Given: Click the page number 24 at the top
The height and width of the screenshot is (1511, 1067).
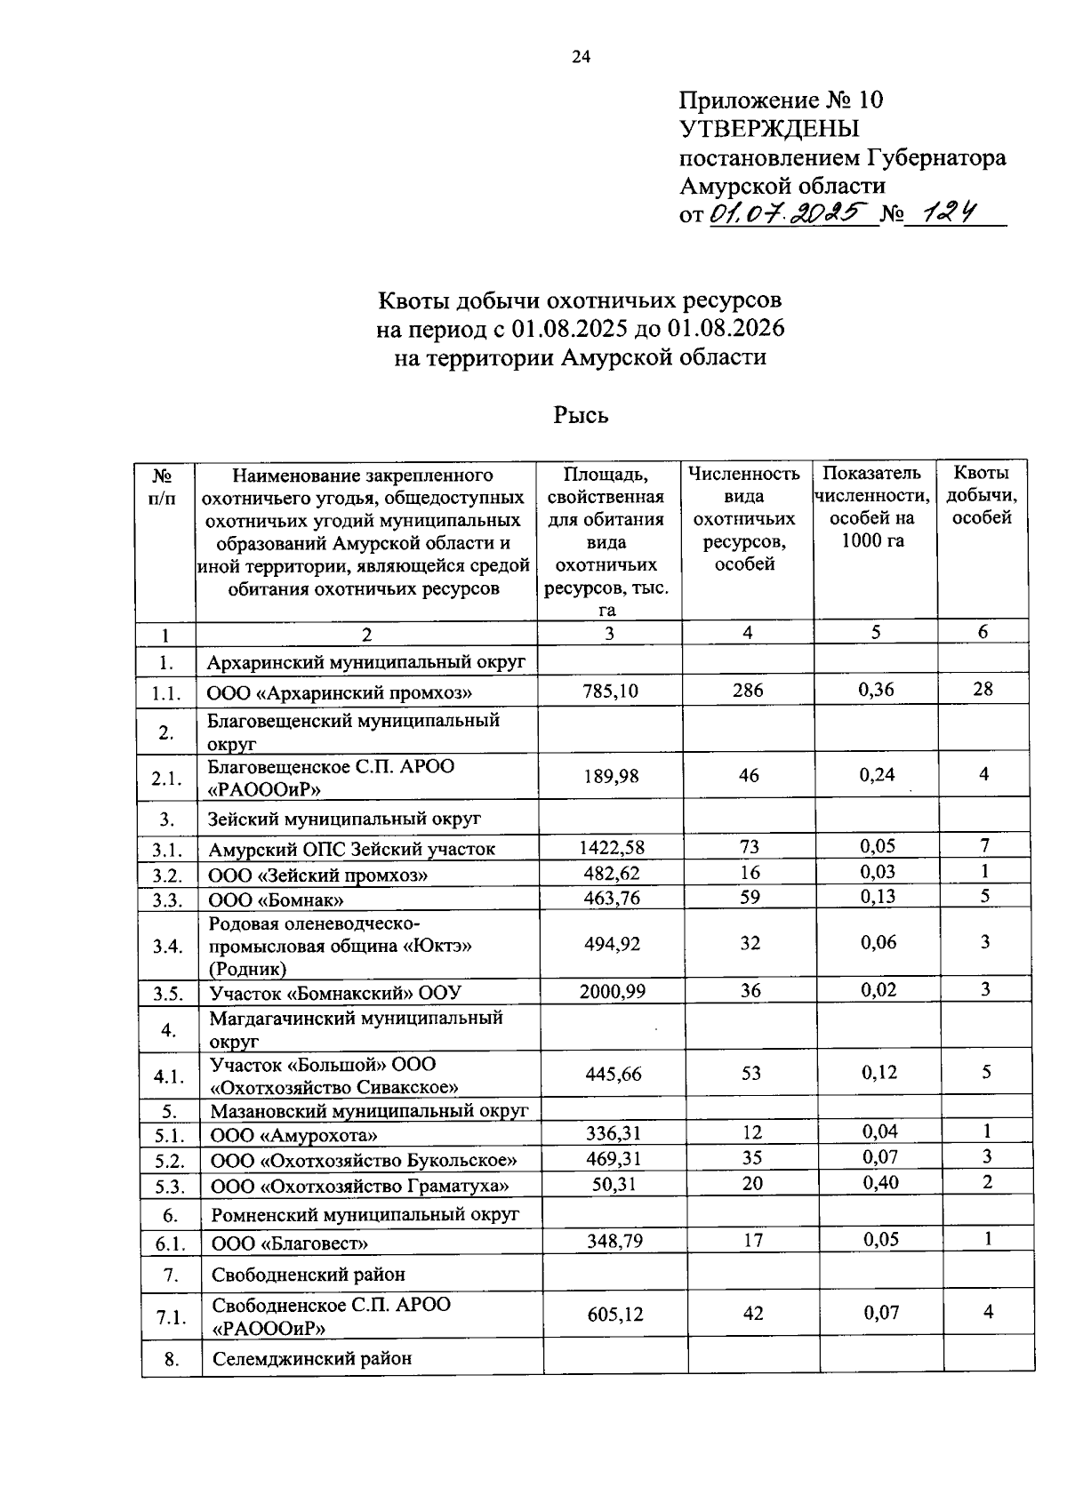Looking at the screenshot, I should click(x=580, y=58).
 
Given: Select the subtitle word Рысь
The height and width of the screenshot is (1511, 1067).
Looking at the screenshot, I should click(x=581, y=414).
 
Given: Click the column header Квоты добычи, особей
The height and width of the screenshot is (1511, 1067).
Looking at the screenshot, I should click(x=982, y=495).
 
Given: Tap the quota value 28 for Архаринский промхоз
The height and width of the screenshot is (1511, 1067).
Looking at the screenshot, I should click(x=983, y=689).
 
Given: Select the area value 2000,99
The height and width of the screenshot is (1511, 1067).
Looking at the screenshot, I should click(x=613, y=991).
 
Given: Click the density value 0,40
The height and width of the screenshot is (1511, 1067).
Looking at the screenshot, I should click(x=879, y=1182).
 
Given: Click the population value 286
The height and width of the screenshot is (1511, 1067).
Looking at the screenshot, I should click(x=748, y=690).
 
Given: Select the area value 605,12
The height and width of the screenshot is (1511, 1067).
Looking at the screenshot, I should click(x=614, y=1314).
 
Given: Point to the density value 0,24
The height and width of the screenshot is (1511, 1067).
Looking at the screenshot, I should click(x=877, y=774).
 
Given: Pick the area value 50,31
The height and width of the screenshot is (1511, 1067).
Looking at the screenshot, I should click(x=614, y=1184).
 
